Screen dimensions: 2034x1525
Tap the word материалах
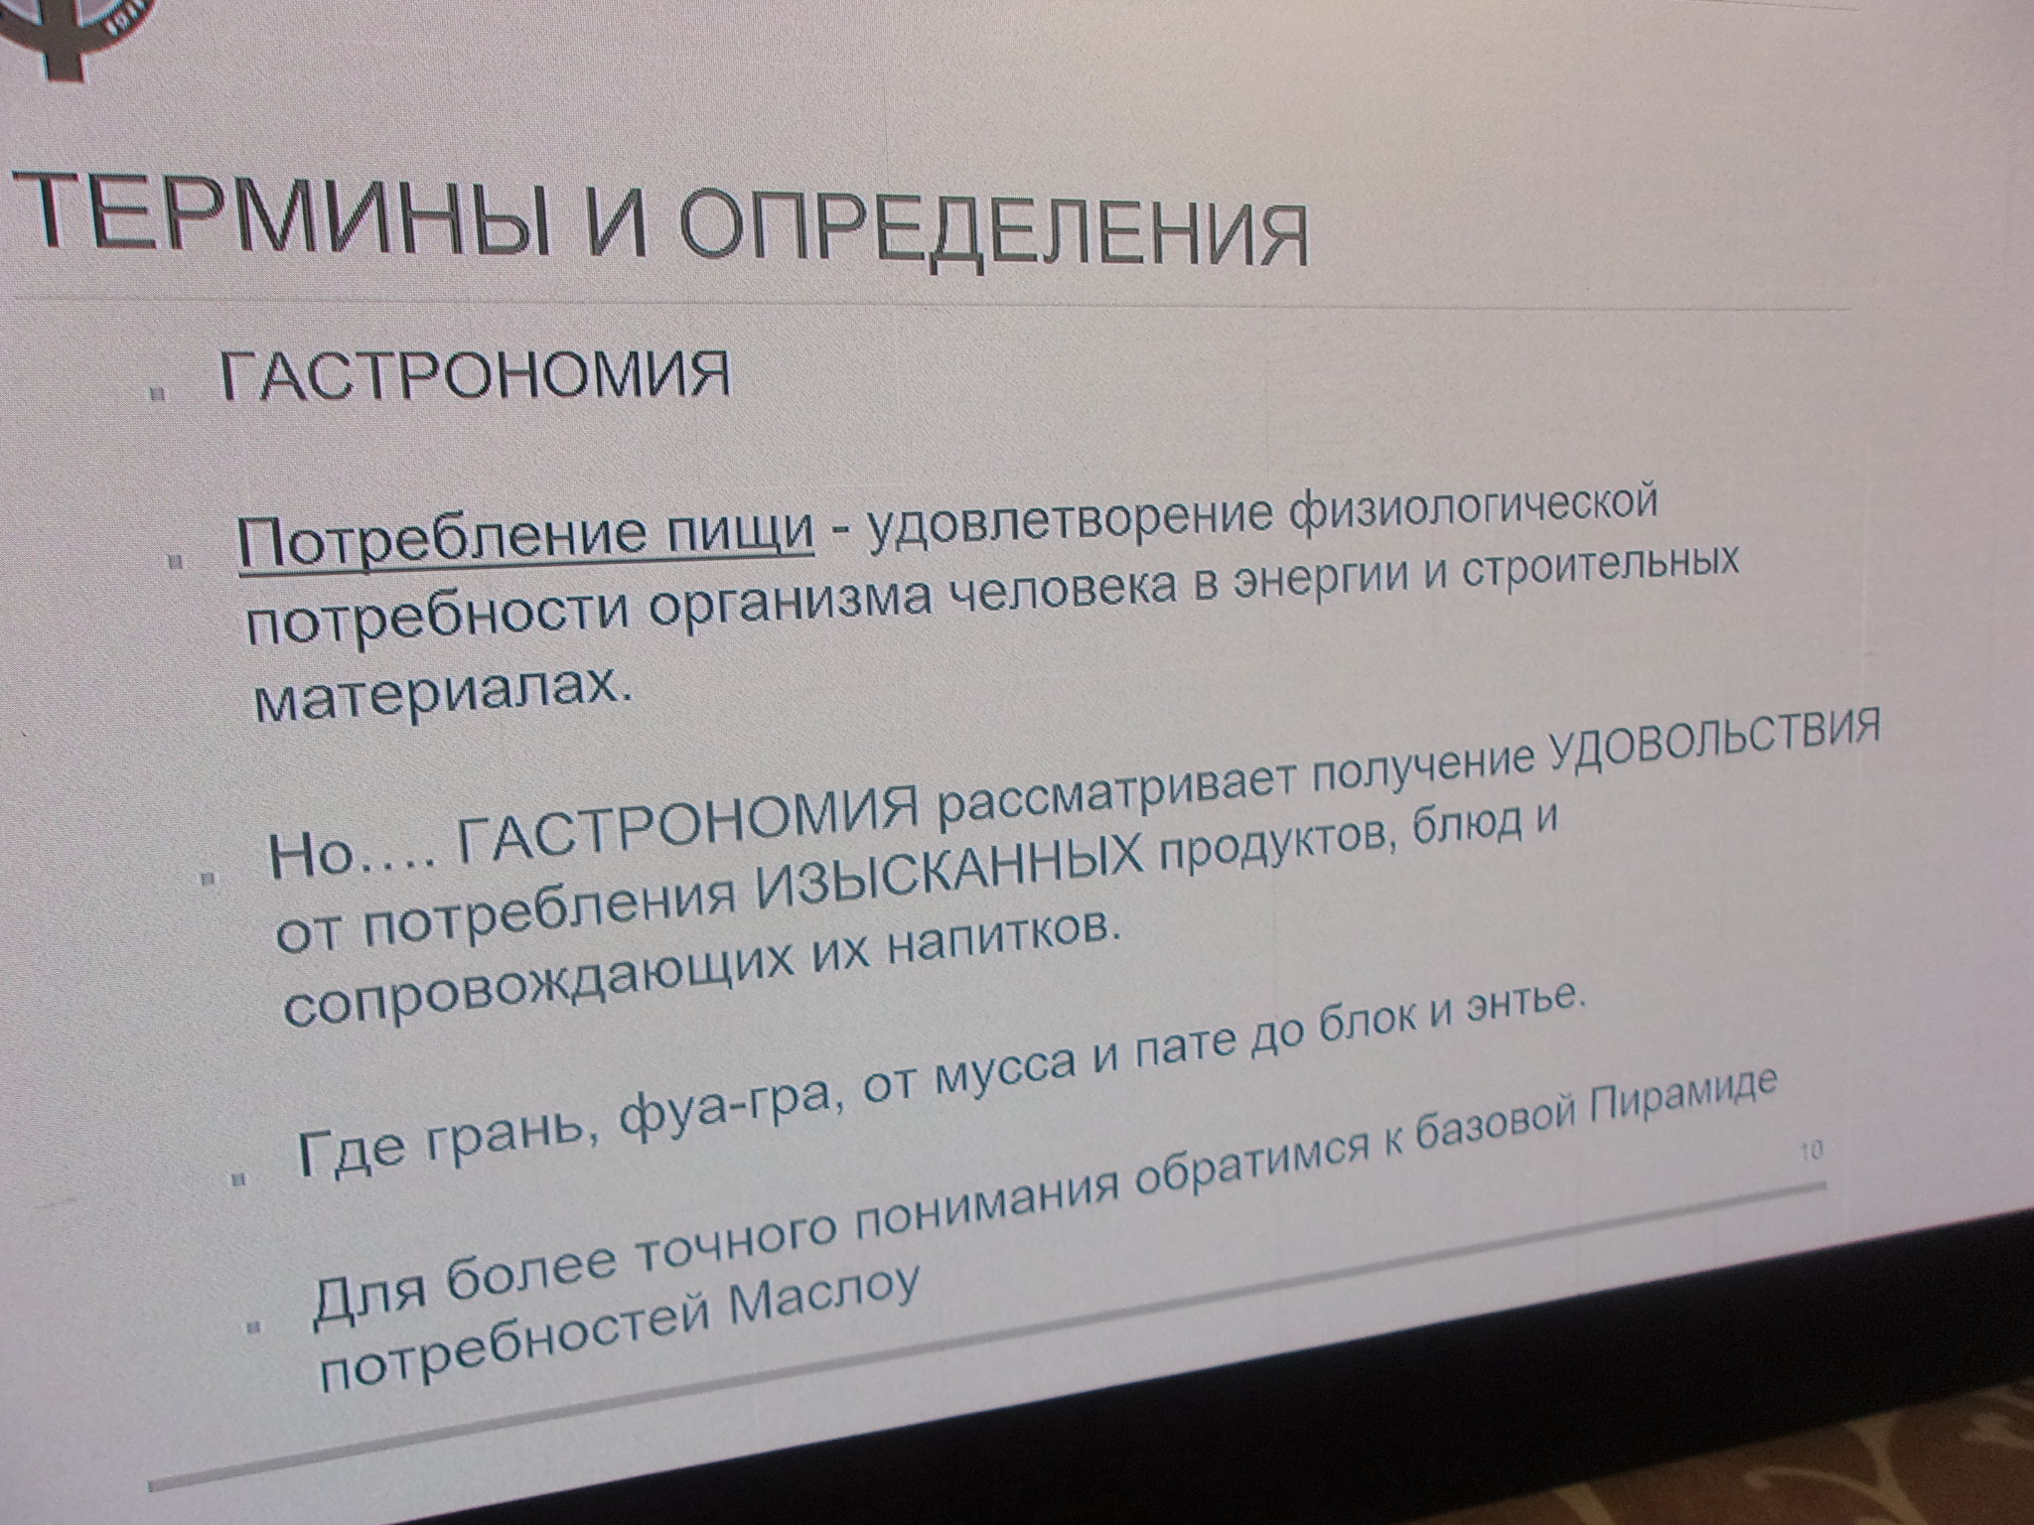click(443, 692)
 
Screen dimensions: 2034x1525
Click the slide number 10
click(1810, 1152)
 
